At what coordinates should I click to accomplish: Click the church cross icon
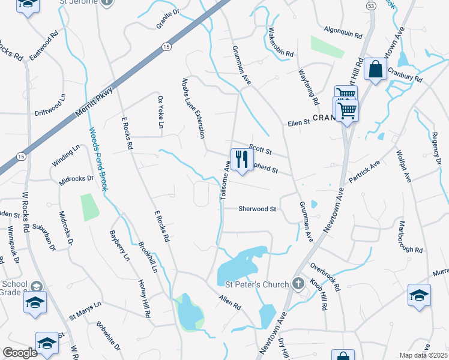[x=298, y=283]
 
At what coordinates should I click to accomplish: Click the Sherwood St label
[x=257, y=209]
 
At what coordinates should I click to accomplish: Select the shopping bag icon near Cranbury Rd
[x=375, y=70]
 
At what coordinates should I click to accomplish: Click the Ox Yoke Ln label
[x=160, y=112]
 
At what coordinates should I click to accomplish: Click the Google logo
[x=20, y=352]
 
